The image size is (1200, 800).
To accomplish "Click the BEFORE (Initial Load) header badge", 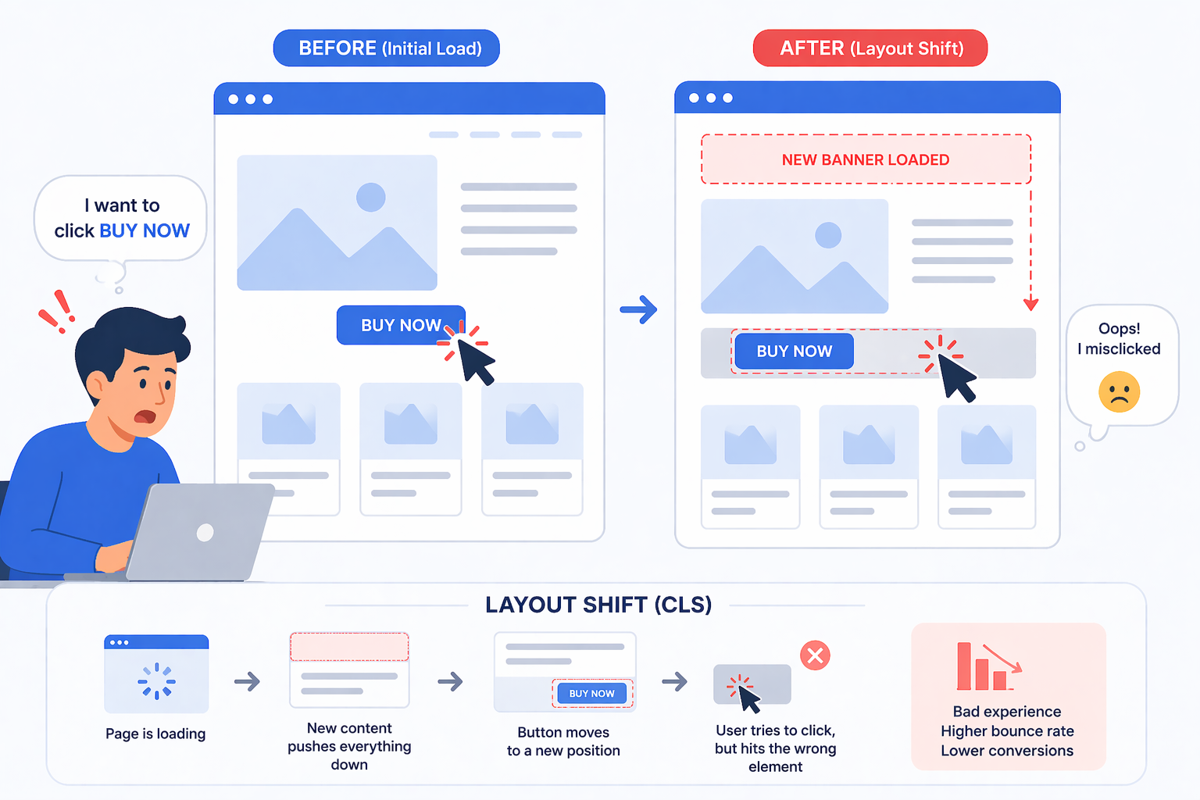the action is [x=386, y=48].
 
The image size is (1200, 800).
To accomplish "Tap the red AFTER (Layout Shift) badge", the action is [x=870, y=48].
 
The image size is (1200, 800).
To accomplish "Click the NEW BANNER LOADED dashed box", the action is [x=866, y=159].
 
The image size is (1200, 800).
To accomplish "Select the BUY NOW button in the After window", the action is [x=794, y=351].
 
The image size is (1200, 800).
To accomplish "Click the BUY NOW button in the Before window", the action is [x=401, y=325].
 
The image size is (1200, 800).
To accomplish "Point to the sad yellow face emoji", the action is [x=1119, y=391].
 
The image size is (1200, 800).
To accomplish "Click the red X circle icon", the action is [x=815, y=655].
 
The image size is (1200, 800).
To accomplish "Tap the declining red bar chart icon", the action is [x=989, y=666].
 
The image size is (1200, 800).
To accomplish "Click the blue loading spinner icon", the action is [x=156, y=681].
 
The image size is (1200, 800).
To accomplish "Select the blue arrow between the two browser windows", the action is [x=638, y=309].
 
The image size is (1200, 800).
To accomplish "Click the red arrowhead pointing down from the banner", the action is [x=1030, y=305].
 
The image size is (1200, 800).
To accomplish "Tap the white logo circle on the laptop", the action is [x=205, y=532].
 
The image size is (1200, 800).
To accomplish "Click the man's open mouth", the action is [x=145, y=416].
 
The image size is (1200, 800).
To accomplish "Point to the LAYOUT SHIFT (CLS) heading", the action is [x=598, y=605].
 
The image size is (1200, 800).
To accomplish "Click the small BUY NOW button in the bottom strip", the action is [x=591, y=694].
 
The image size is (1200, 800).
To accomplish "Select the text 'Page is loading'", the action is [x=155, y=734].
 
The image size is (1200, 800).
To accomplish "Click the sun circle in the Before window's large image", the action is [x=371, y=197].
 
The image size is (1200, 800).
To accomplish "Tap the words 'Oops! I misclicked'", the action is [x=1119, y=338].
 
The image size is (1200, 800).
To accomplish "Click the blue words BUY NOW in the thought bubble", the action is [x=145, y=231].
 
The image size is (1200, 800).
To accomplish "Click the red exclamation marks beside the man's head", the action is [x=57, y=312].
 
